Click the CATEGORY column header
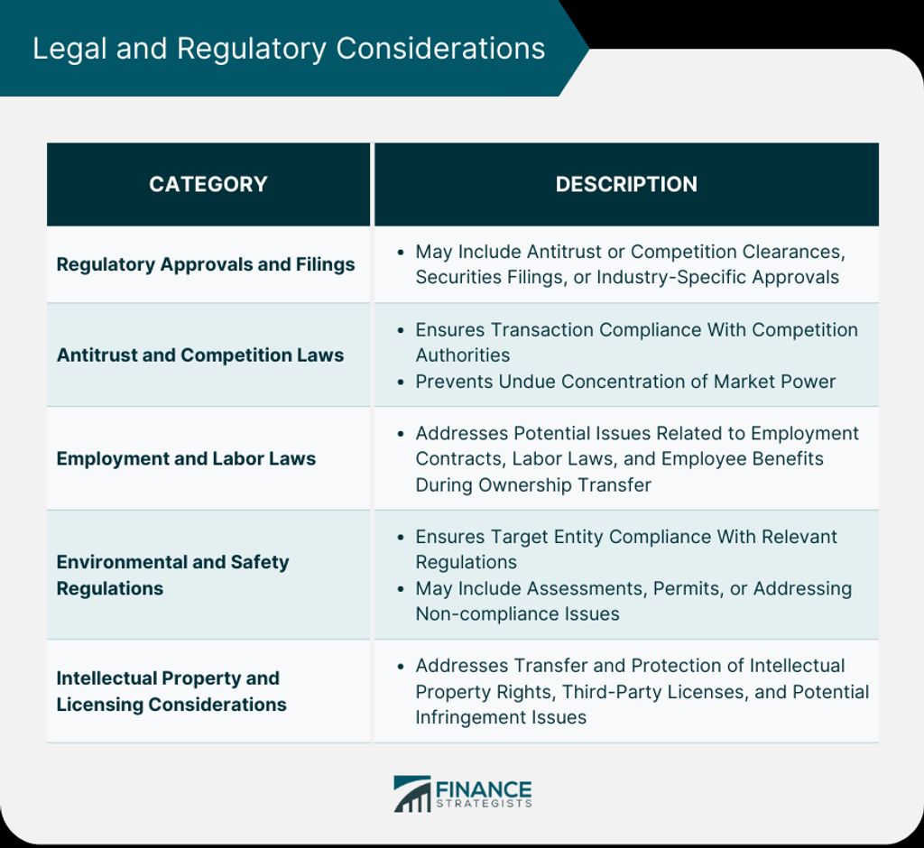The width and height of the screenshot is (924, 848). [x=208, y=184]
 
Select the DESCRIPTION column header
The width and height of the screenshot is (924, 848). [x=626, y=184]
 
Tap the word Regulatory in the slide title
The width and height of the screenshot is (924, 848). [x=251, y=49]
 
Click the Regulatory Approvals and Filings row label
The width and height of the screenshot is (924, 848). [x=206, y=264]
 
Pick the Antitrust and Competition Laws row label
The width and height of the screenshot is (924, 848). [x=200, y=355]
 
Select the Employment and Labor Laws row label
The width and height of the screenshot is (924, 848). [x=186, y=458]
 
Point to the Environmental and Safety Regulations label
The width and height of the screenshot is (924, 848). [x=172, y=576]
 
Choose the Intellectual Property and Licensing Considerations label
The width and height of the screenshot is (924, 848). [x=171, y=691]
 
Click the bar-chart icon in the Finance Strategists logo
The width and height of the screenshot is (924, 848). [x=411, y=794]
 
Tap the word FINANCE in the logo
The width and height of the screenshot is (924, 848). [x=484, y=789]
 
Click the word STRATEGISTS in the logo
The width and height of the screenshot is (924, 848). [x=484, y=804]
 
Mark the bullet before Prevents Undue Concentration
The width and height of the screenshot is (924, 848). [x=401, y=382]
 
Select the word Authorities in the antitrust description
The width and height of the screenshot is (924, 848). [x=463, y=355]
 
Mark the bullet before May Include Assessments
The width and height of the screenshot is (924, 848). [x=401, y=589]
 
